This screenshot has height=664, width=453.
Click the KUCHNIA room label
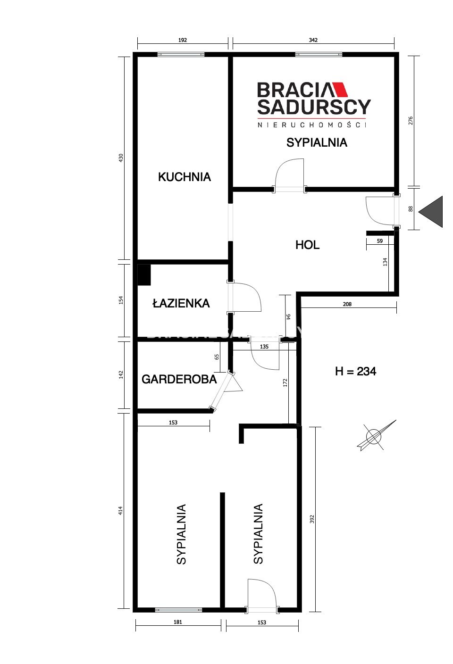pyautogui.click(x=184, y=177)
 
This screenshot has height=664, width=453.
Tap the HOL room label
pyautogui.click(x=307, y=245)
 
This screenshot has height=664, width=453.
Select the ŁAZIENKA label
pyautogui.click(x=181, y=303)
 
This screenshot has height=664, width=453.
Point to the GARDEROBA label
pyautogui.click(x=179, y=380)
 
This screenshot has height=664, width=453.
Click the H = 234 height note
pyautogui.click(x=355, y=371)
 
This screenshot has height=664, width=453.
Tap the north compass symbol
pyautogui.click(x=376, y=436)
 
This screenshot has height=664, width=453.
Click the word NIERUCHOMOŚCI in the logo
pyautogui.click(x=311, y=125)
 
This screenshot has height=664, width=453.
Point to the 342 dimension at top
pyautogui.click(x=313, y=40)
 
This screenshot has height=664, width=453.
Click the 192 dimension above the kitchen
pyautogui.click(x=183, y=40)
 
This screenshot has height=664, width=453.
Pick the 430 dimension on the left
pyautogui.click(x=121, y=158)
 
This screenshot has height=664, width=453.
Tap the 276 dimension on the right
pyautogui.click(x=411, y=121)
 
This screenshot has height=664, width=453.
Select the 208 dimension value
pyautogui.click(x=347, y=304)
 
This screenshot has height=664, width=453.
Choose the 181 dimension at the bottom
pyautogui.click(x=178, y=622)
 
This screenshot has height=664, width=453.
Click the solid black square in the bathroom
pyautogui.click(x=144, y=275)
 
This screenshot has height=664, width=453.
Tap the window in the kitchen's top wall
pyautogui.click(x=181, y=55)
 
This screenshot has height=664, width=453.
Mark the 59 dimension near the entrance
pyautogui.click(x=380, y=241)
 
